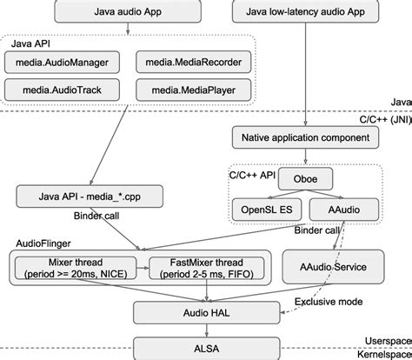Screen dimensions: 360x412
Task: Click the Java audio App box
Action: point(128,11)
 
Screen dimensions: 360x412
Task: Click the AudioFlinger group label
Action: point(43,245)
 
